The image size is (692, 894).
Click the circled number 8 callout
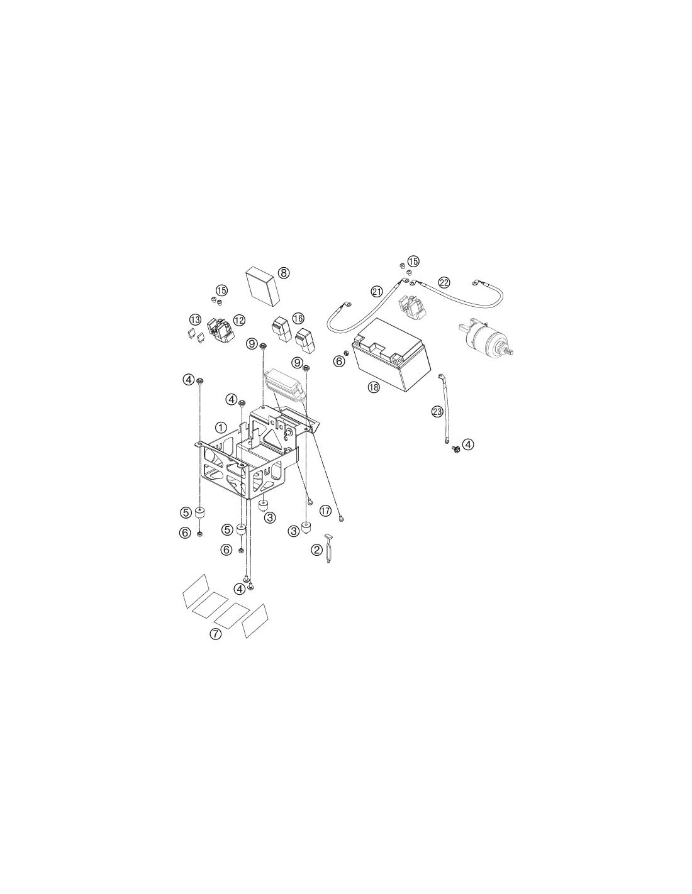tap(283, 272)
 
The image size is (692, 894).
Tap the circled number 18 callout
tap(374, 387)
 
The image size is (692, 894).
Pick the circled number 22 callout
tap(444, 282)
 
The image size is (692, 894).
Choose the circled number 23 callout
tap(437, 411)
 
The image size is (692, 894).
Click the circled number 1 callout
tap(221, 428)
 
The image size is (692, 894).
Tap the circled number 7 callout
tap(215, 634)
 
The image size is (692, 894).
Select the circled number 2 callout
tap(316, 549)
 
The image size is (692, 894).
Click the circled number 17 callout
tap(325, 510)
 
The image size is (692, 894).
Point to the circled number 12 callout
tap(239, 319)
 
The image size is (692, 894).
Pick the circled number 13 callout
tap(195, 319)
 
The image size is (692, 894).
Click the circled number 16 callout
tap(298, 318)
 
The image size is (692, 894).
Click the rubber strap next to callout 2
tap(328, 549)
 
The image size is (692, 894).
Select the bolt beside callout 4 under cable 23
tap(455, 448)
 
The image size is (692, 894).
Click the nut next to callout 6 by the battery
tap(346, 353)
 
